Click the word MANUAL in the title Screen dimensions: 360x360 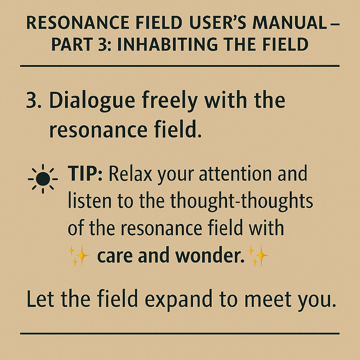pyautogui.click(x=290, y=23)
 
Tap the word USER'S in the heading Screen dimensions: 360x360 pyautogui.click(x=218, y=23)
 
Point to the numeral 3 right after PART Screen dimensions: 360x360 pyautogui.click(x=102, y=44)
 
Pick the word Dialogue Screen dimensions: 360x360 pyautogui.click(x=92, y=101)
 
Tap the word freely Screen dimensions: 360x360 pyautogui.click(x=170, y=101)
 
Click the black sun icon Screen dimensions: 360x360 pyautogui.click(x=43, y=179)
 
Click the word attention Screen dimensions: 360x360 pyautogui.click(x=235, y=174)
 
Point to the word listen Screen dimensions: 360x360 pyautogui.click(x=90, y=200)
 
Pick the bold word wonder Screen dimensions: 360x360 pyautogui.click(x=210, y=255)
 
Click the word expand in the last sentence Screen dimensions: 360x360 pyautogui.click(x=179, y=300)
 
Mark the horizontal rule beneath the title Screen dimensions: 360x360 pyautogui.click(x=180, y=66)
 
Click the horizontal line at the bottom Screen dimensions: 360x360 pyautogui.click(x=180, y=333)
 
